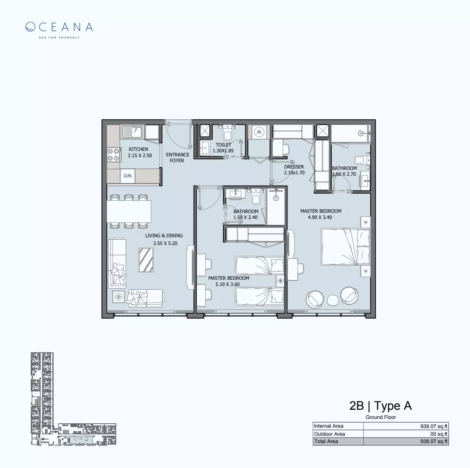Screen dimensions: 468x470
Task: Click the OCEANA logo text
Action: (x=59, y=27)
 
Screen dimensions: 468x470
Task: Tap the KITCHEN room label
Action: (x=138, y=149)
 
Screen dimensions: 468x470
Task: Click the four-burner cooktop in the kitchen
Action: (x=113, y=155)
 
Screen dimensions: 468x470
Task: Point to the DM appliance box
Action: (x=128, y=176)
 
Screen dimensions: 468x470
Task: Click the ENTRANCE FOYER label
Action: (x=177, y=157)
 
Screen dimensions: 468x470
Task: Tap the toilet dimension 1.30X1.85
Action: (x=223, y=151)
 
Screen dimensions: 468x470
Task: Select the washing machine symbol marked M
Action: (x=260, y=131)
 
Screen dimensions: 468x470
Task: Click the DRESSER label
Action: (x=294, y=167)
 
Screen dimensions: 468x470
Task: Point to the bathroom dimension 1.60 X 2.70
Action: (x=344, y=174)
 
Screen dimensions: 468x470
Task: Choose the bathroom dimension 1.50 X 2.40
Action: (x=245, y=218)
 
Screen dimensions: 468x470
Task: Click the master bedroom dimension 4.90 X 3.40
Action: (x=320, y=217)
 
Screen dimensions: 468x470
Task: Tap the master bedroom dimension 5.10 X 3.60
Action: (x=228, y=284)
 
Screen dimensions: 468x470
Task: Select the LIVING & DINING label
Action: (x=164, y=235)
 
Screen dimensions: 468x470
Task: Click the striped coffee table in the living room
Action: (x=146, y=260)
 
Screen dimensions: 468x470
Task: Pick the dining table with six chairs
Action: (x=129, y=211)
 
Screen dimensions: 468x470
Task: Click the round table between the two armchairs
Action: (x=333, y=300)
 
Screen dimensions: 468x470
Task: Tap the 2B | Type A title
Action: (x=381, y=406)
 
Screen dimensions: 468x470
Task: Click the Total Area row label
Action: (x=326, y=441)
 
